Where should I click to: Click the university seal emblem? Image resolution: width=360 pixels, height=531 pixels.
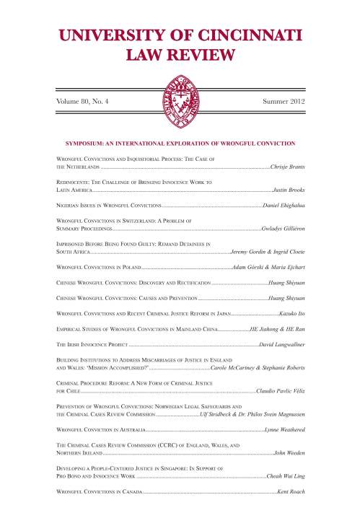click(180, 91)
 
